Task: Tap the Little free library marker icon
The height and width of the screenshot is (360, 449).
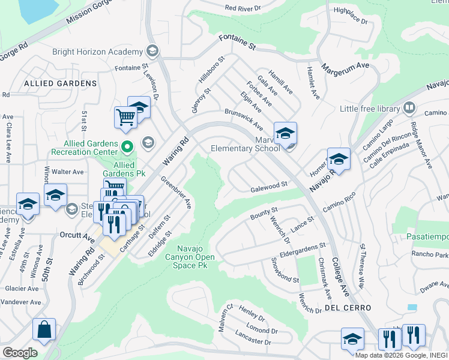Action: click(x=409, y=108)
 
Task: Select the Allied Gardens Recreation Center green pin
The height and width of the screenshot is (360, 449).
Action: click(x=127, y=146)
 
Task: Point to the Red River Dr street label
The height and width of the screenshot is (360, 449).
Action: click(x=244, y=8)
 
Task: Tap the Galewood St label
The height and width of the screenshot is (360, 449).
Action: click(x=270, y=188)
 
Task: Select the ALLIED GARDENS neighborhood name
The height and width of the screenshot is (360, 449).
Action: click(x=60, y=83)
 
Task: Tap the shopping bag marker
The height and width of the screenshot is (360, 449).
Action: click(x=44, y=329)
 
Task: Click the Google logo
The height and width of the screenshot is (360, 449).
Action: click(x=20, y=352)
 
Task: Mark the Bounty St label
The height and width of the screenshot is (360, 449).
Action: click(x=265, y=212)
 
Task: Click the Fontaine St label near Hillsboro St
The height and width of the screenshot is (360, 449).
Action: click(x=237, y=41)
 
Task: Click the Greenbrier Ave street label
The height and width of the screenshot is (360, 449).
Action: click(x=176, y=191)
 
